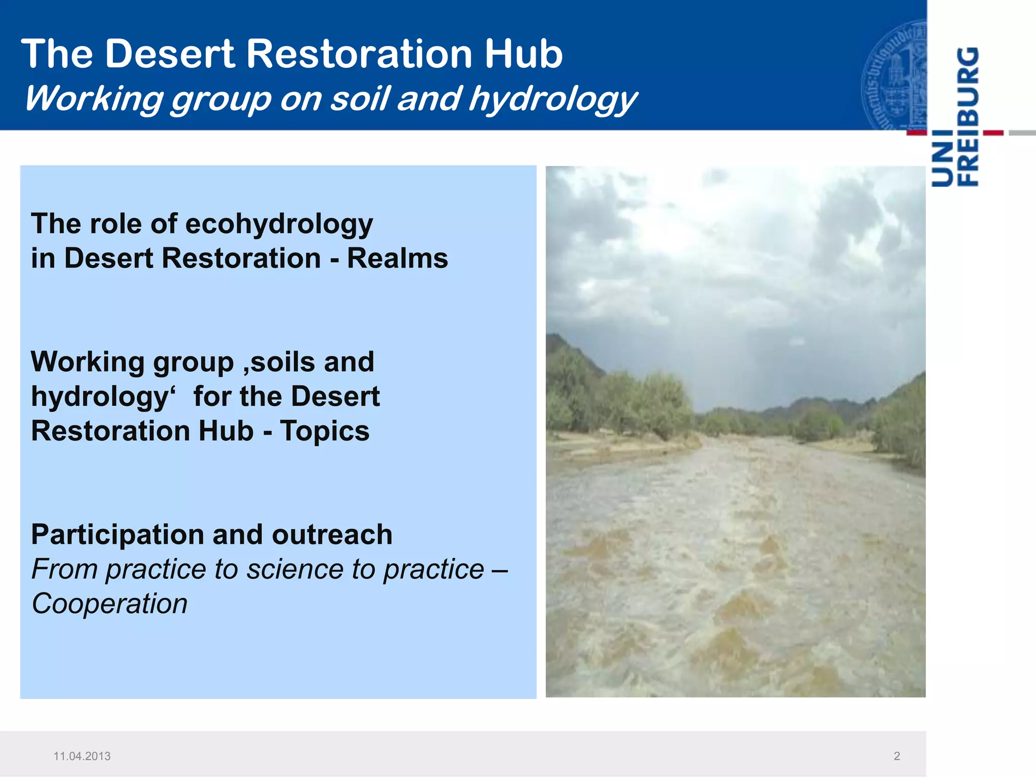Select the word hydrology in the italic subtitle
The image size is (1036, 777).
pyautogui.click(x=552, y=99)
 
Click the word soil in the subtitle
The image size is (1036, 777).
pyautogui.click(x=360, y=98)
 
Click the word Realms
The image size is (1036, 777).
pyautogui.click(x=397, y=258)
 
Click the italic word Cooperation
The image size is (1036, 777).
pyautogui.click(x=109, y=604)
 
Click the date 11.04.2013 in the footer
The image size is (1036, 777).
pyautogui.click(x=82, y=756)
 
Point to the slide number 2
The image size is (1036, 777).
pyautogui.click(x=897, y=756)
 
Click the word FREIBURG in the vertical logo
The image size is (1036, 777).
pyautogui.click(x=969, y=116)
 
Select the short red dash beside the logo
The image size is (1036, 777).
pyautogui.click(x=993, y=133)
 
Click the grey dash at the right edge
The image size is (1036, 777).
pyautogui.click(x=1022, y=133)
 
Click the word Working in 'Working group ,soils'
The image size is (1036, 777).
pyautogui.click(x=88, y=362)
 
